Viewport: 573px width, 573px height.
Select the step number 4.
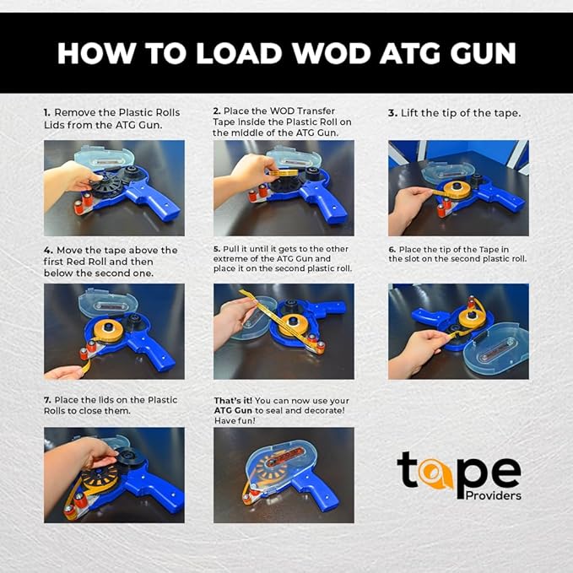pos(47,251)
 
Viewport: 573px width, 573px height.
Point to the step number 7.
pos(47,399)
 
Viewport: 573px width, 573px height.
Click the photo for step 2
pos(284,187)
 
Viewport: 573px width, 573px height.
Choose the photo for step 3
pos(458,187)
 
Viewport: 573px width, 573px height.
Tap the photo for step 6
pos(458,331)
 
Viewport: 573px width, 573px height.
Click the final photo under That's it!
pos(284,474)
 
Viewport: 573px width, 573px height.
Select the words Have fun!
pos(235,420)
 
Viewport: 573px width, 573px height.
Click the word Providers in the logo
pos(493,495)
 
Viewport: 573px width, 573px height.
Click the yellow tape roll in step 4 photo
pos(109,329)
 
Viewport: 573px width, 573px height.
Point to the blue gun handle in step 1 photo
pos(164,203)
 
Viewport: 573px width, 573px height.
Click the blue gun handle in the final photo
pos(323,493)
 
